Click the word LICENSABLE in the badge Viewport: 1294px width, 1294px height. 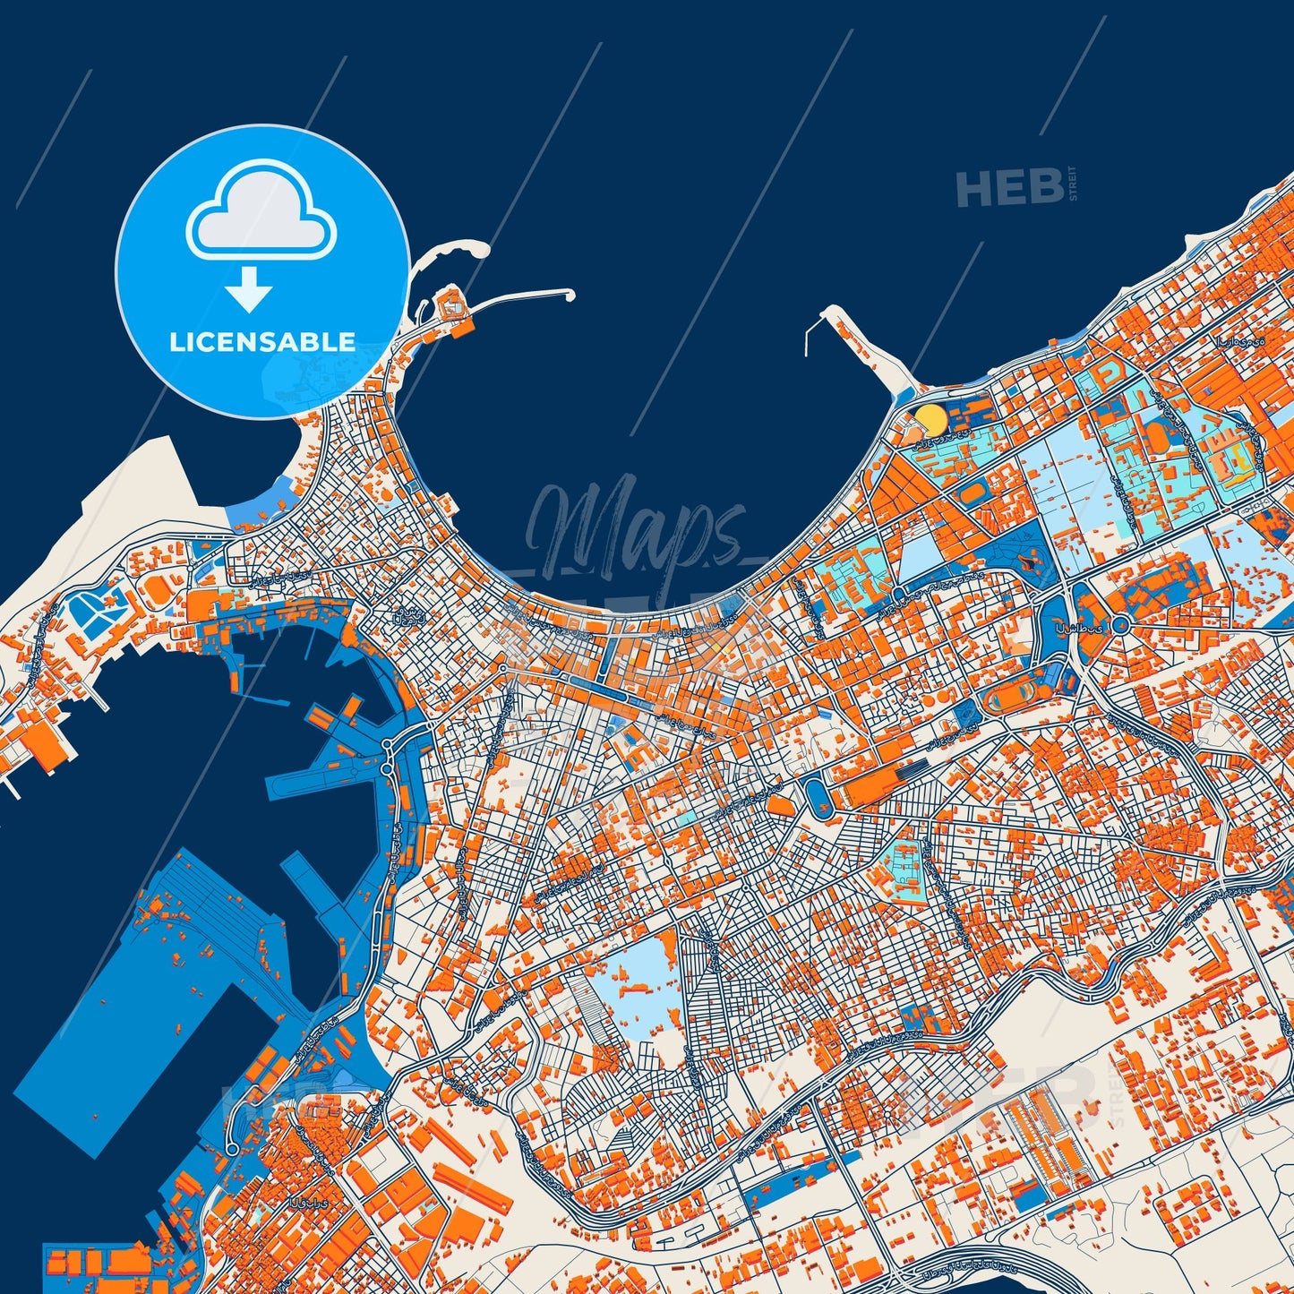pyautogui.click(x=262, y=341)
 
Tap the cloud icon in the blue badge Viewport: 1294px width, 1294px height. pyautogui.click(x=261, y=213)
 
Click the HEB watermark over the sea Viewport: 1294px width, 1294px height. pyautogui.click(x=1009, y=188)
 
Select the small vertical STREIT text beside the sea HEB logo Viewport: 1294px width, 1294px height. pyautogui.click(x=1073, y=184)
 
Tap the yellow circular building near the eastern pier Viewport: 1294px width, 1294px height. pyautogui.click(x=931, y=419)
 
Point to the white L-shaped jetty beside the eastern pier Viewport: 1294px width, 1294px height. pyautogui.click(x=810, y=338)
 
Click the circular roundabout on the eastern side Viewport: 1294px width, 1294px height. pyautogui.click(x=1119, y=625)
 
